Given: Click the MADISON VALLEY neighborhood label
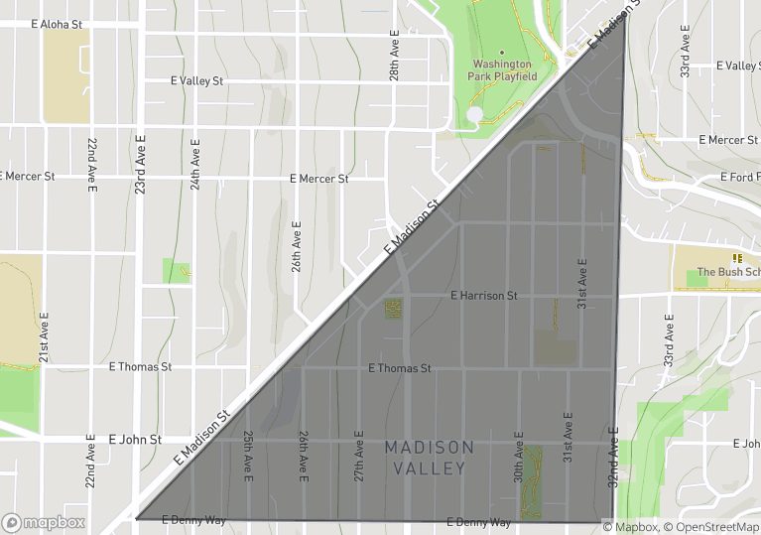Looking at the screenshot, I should click(429, 458).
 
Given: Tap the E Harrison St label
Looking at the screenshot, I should click(483, 296).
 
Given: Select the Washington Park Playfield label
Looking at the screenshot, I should click(503, 69).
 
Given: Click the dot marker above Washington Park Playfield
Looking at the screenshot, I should click(502, 53).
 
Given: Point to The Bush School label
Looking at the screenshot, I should click(728, 272).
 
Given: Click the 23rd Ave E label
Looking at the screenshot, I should click(141, 165).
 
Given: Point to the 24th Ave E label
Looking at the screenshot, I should click(195, 165).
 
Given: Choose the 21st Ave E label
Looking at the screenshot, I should click(45, 338).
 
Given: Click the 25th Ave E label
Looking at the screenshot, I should click(248, 457).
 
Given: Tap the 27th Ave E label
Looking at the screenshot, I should click(359, 457).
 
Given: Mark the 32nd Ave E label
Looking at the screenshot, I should click(613, 457).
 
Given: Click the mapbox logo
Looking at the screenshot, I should click(44, 522).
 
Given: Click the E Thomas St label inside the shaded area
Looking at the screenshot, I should click(399, 368).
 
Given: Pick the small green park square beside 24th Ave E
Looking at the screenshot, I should click(176, 271).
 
